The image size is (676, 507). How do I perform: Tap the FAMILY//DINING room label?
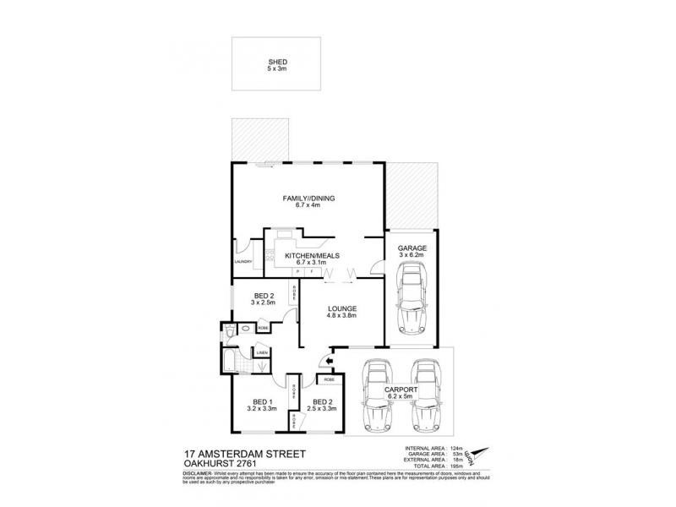pos(309,199)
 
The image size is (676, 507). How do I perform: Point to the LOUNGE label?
pos(344,308)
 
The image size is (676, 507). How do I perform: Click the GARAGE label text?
pos(412,248)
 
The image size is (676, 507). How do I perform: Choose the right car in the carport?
pos(425,395)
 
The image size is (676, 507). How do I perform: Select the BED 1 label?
pos(261,401)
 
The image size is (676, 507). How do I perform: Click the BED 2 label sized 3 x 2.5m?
pos(264,297)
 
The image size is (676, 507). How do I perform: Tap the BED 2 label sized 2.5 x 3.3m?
pos(323,401)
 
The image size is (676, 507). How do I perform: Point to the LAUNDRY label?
pos(244,261)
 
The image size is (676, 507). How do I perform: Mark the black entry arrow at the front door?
pos(330,362)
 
